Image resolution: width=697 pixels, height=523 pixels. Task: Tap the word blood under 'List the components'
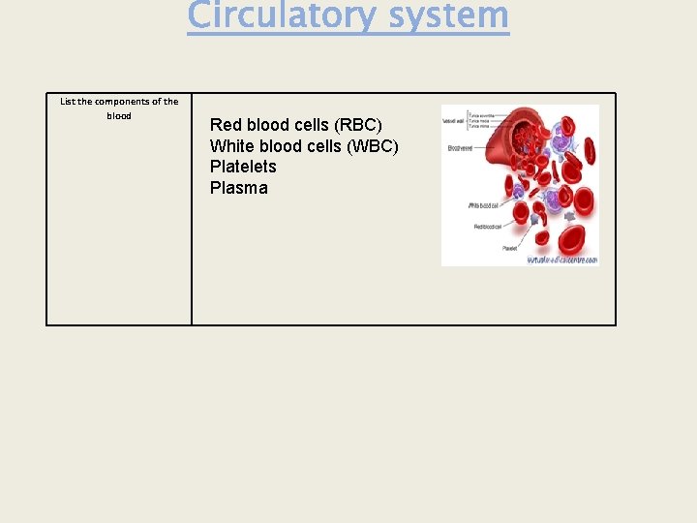click(x=119, y=116)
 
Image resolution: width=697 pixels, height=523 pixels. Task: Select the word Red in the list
click(x=226, y=125)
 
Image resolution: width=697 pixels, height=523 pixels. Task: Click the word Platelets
click(x=243, y=167)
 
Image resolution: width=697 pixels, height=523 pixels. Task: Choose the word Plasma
click(x=238, y=188)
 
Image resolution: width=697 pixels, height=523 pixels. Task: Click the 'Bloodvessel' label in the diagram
click(x=460, y=148)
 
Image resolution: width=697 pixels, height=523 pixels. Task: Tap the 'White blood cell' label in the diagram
click(x=484, y=205)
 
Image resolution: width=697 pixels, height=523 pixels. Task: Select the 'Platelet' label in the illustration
click(x=509, y=248)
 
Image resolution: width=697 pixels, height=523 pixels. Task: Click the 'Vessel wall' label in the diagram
click(x=452, y=121)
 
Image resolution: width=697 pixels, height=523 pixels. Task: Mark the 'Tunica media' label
click(x=481, y=120)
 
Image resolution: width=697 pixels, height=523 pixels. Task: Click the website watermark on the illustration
click(x=561, y=260)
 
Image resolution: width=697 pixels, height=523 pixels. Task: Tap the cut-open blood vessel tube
click(x=503, y=145)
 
